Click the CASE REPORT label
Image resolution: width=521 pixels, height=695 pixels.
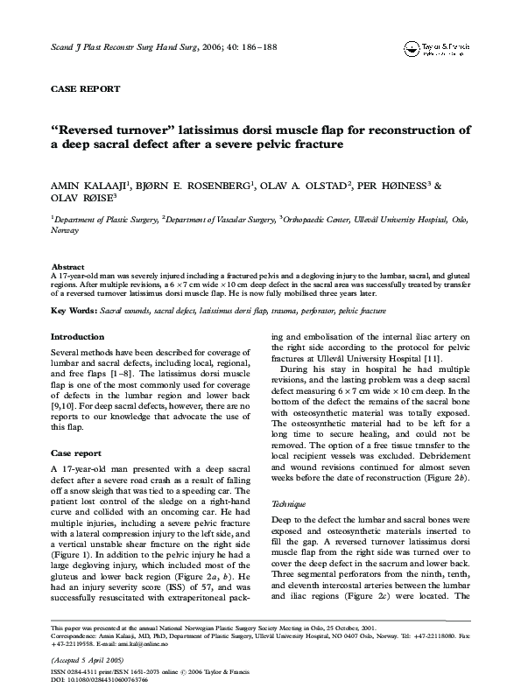point(85,89)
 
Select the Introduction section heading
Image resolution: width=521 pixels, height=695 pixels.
point(77,337)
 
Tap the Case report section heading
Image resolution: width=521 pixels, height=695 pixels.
point(75,454)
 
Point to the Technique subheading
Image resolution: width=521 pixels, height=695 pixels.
point(291,506)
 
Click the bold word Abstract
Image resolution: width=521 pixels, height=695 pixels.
point(67,266)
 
